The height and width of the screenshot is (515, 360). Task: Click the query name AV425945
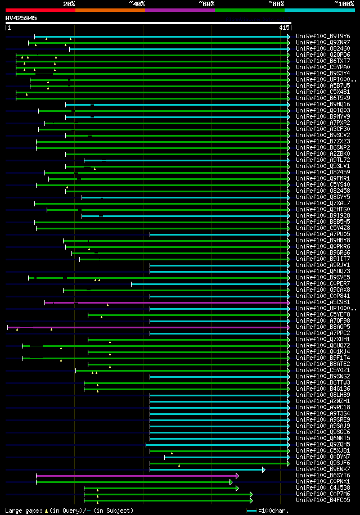click(x=21, y=18)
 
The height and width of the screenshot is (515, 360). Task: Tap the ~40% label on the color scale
click(x=137, y=3)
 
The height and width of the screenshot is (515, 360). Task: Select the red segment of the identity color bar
click(x=40, y=10)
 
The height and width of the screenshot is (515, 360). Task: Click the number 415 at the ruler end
click(x=283, y=28)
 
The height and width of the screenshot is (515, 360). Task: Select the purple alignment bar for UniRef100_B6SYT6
click(x=135, y=476)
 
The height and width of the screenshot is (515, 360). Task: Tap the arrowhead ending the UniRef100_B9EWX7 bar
click(x=263, y=469)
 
